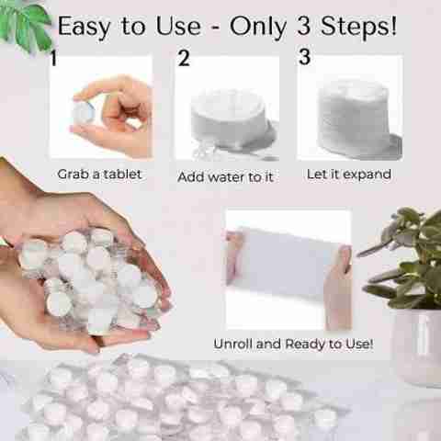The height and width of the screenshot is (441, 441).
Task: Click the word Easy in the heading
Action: (84, 28)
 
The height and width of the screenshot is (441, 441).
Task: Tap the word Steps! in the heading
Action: (358, 26)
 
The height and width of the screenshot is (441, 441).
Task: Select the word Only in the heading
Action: (258, 28)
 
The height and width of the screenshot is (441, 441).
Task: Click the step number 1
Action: (54, 58)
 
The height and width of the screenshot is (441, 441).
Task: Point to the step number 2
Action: (184, 58)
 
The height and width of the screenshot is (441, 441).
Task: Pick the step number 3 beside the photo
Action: (304, 57)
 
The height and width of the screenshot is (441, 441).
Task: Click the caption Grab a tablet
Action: (99, 175)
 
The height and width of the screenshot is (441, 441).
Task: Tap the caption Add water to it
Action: (225, 177)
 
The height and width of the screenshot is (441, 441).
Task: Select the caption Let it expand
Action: (349, 175)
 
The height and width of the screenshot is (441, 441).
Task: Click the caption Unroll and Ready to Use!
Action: (293, 344)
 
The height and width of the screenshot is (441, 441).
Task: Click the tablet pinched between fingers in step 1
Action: (83, 113)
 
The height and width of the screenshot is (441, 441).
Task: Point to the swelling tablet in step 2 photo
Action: (228, 118)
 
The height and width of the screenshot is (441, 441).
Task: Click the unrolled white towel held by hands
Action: (287, 264)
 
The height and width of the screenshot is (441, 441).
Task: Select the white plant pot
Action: (418, 347)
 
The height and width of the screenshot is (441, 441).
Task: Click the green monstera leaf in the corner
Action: (25, 26)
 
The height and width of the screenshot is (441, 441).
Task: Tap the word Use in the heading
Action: (178, 27)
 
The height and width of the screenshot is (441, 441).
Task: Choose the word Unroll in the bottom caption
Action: (233, 344)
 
